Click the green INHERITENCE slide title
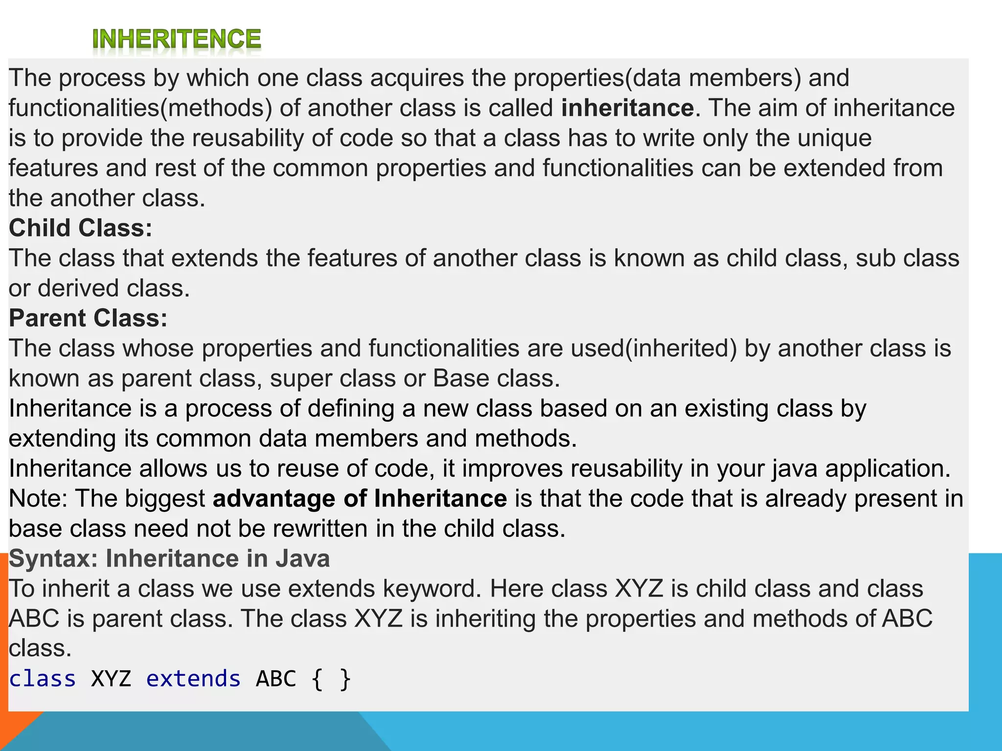177,40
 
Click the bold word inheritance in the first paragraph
627,108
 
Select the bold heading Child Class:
81,228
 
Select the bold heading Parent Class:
88,318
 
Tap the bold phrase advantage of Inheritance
360,499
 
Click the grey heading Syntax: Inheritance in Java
169,559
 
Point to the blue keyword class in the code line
43,679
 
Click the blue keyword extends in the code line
193,679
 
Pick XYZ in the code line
111,679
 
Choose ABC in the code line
276,679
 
